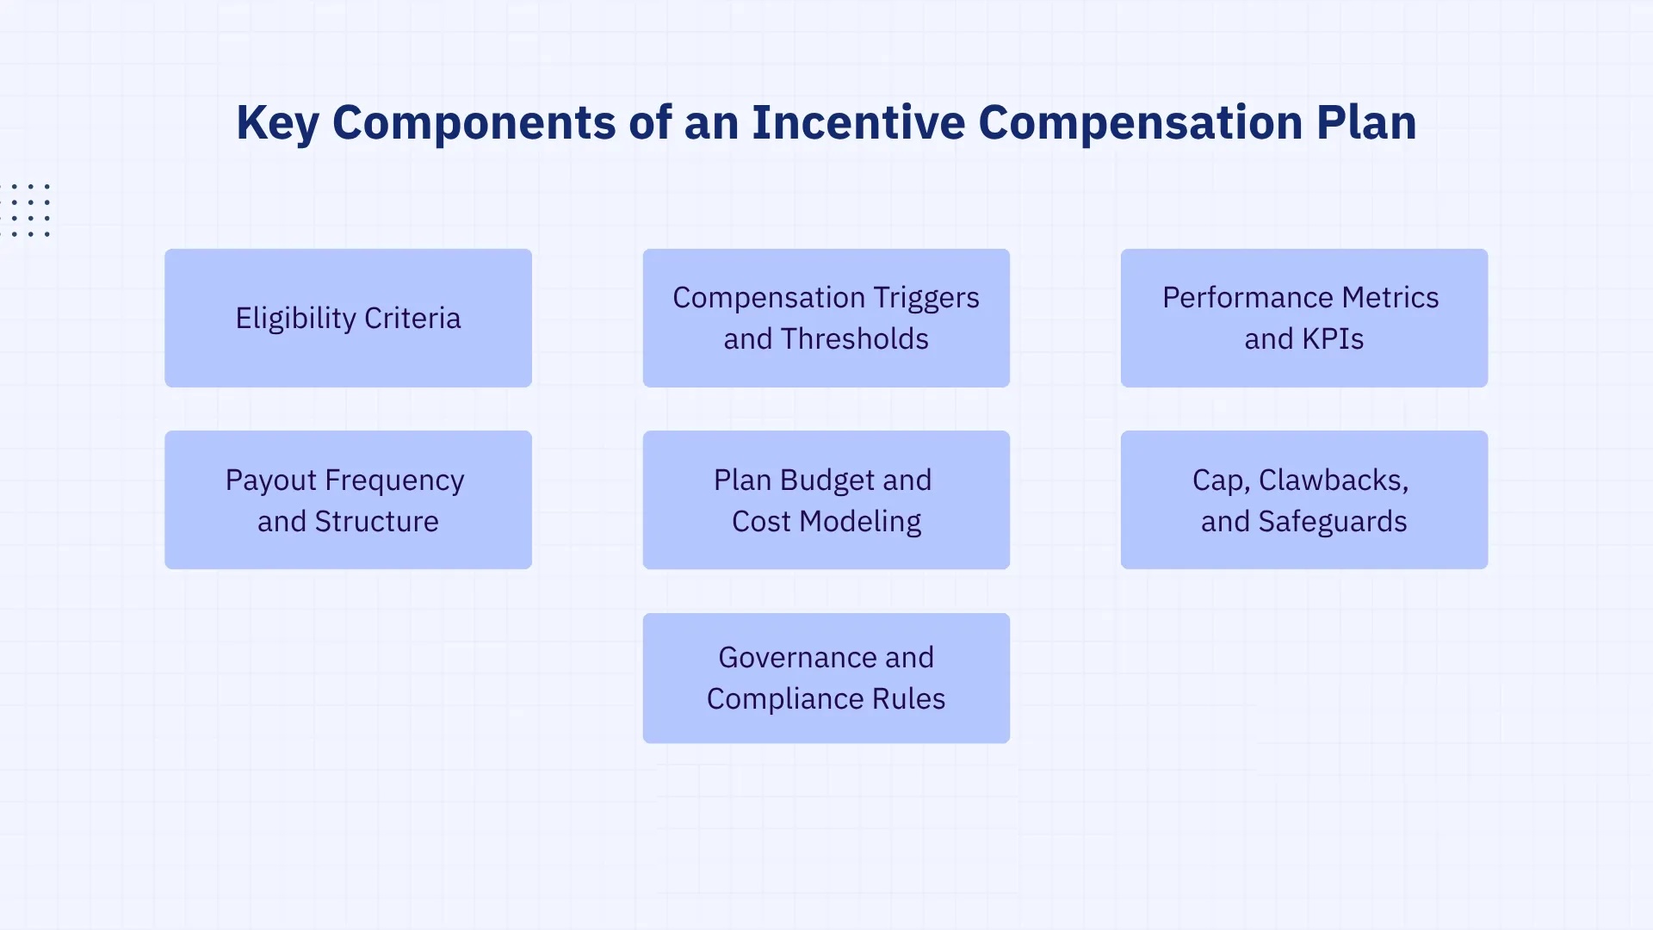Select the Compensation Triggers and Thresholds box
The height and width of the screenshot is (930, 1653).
(826, 318)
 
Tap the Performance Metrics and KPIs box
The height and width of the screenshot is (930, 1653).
(1303, 318)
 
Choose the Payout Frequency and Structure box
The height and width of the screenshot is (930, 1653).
(348, 499)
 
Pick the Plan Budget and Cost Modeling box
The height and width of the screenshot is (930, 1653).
(826, 499)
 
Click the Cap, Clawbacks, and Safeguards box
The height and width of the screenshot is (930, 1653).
(1303, 499)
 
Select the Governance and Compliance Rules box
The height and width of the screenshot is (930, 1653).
(826, 678)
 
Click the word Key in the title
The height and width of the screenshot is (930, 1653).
(277, 123)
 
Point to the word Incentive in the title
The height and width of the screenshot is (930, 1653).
(857, 122)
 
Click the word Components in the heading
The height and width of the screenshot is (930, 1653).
(474, 123)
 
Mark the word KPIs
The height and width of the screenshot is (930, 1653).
(1333, 339)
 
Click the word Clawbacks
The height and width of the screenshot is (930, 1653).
(1333, 480)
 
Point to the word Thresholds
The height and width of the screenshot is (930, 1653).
(854, 339)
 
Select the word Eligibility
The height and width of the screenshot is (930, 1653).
(295, 319)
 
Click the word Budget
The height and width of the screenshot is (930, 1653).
(823, 480)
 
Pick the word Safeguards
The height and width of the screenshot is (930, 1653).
(1332, 522)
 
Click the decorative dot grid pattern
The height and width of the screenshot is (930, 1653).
(29, 210)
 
